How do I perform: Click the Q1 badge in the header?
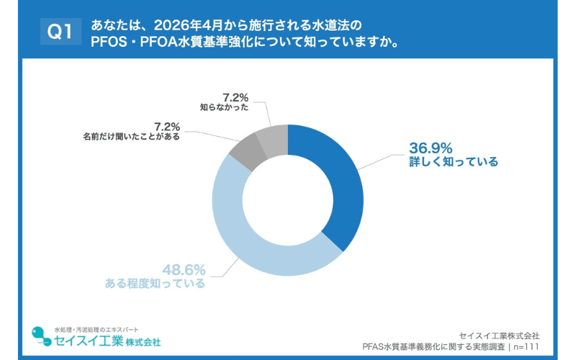coord(58,32)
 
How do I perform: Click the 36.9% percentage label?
coord(431,148)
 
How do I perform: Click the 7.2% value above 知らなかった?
coord(235,97)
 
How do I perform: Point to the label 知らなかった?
coord(225,107)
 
